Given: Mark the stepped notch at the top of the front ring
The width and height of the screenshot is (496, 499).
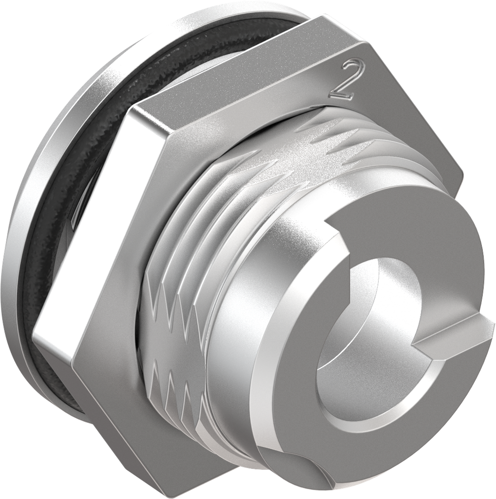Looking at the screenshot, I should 341,234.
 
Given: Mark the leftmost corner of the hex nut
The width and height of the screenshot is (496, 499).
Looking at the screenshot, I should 34,336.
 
